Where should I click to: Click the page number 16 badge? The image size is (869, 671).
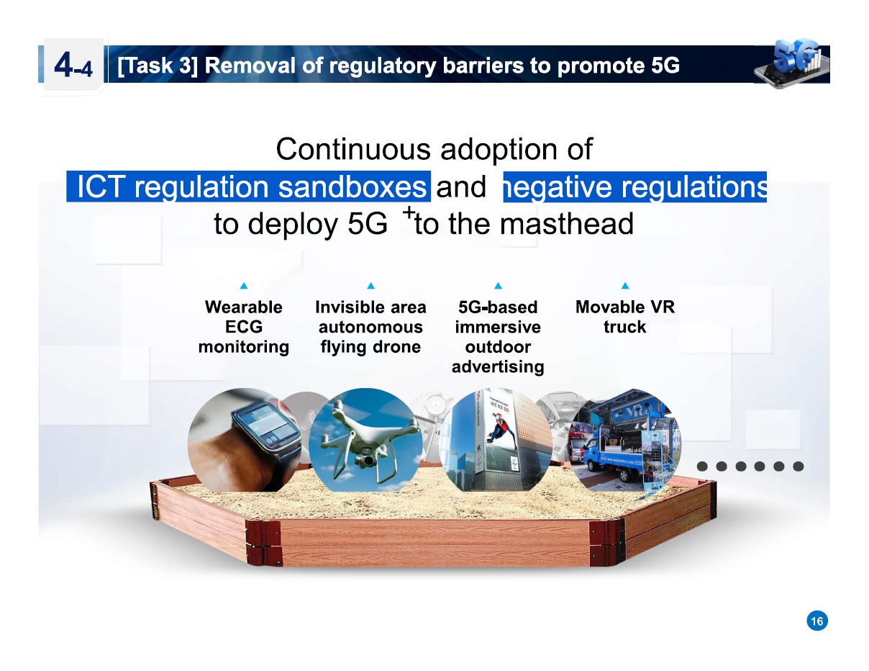point(816,621)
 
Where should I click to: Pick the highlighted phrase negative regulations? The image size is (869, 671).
point(635,188)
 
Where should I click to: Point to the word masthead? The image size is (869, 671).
point(566,225)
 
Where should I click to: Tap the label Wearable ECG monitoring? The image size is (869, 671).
point(244,327)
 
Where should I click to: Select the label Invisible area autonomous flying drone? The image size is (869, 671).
point(370,327)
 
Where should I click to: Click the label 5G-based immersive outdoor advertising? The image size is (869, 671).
point(497,337)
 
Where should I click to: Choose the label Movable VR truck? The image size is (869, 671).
point(624,317)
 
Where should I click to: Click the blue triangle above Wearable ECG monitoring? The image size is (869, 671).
point(244,286)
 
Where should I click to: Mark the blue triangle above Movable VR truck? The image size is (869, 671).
point(624,286)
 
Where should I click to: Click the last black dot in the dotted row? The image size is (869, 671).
point(798,466)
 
